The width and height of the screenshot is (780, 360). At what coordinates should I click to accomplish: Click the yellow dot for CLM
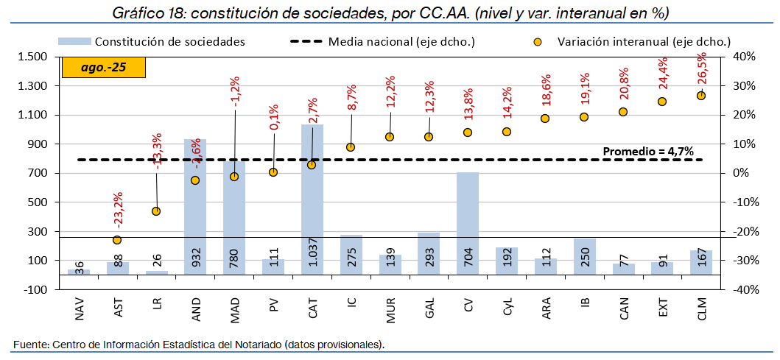701,96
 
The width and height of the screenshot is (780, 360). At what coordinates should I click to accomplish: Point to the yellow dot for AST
117,240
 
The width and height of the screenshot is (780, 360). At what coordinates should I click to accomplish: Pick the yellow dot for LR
156,211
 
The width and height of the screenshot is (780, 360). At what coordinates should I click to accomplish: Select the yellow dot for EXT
662,102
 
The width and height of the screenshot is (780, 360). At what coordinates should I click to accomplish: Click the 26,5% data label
700,71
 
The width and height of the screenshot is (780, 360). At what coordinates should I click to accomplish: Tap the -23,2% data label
118,209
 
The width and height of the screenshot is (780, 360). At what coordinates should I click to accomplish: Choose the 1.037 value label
312,254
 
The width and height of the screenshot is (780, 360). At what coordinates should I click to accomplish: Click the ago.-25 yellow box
104,67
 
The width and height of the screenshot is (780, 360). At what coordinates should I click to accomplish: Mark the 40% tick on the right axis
742,57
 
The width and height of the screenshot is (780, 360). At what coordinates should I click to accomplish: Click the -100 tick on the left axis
35,289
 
